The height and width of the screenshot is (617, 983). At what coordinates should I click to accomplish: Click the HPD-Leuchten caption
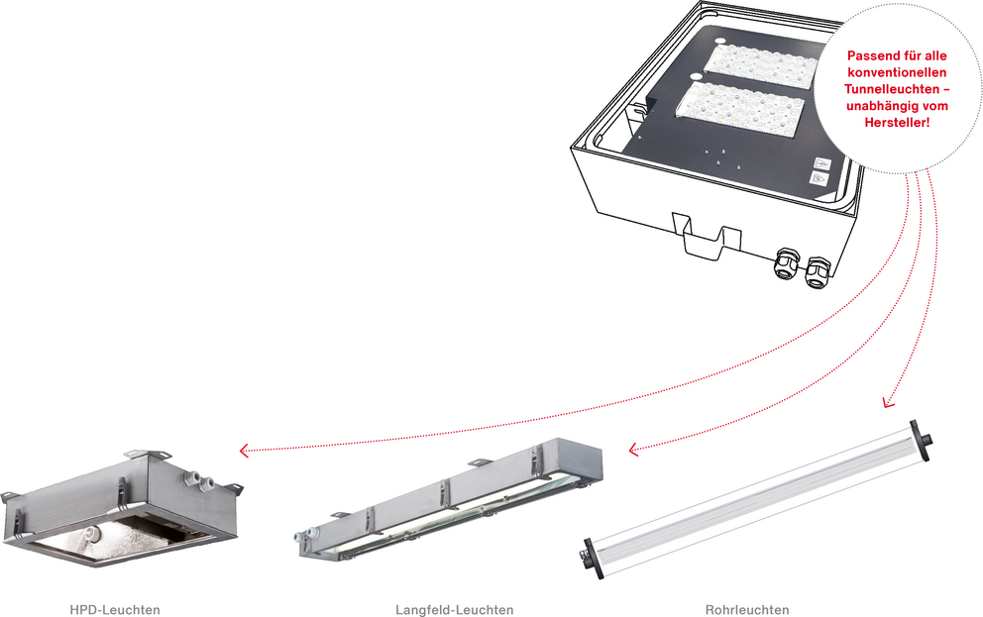coord(115,609)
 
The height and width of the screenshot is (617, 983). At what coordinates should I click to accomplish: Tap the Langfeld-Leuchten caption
coord(455,609)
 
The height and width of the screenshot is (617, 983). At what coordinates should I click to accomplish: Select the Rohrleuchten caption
coord(747,609)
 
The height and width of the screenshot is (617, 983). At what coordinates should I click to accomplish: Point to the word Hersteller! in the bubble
coord(897,123)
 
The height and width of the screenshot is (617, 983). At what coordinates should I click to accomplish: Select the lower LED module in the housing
coord(739,108)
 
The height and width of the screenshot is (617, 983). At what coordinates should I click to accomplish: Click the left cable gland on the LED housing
coord(786,262)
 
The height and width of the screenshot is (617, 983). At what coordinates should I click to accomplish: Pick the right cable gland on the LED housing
coord(817,271)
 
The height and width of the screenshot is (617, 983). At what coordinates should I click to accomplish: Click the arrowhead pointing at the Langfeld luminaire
coord(634,449)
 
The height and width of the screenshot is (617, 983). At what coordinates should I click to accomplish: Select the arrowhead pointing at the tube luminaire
coord(888,402)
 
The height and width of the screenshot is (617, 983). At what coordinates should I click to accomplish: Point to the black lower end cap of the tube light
coord(593,559)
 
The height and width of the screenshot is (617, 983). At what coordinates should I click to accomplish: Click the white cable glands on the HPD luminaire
coord(198,480)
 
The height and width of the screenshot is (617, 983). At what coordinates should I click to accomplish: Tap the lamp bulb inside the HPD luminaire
coord(92,533)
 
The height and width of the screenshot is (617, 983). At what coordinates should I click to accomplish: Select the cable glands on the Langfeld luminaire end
coord(306,536)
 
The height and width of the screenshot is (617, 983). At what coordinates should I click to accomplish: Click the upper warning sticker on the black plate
coord(821,164)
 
